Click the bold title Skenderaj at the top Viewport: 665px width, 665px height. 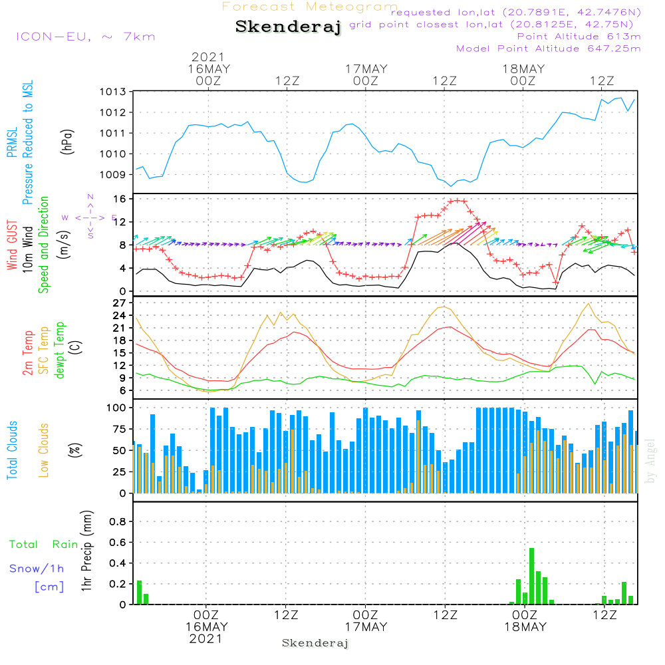point(288,27)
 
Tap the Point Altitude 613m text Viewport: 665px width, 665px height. point(579,37)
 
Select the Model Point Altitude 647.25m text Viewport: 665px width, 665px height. point(548,49)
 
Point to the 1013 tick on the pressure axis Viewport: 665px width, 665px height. point(112,92)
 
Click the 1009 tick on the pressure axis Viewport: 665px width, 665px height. point(112,175)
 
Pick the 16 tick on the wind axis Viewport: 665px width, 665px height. point(120,199)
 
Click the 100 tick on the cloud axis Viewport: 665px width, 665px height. point(116,407)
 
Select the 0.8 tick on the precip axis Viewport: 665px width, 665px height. point(118,521)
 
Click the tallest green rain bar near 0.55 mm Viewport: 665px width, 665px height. point(531,576)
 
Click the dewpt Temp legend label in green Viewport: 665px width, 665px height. point(61,350)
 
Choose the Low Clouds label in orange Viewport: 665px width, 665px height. point(45,450)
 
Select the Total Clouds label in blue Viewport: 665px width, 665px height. point(13,450)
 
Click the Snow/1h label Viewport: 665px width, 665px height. point(37,569)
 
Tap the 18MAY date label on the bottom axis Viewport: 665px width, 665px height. point(524,627)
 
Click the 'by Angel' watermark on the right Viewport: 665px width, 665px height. point(650,462)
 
